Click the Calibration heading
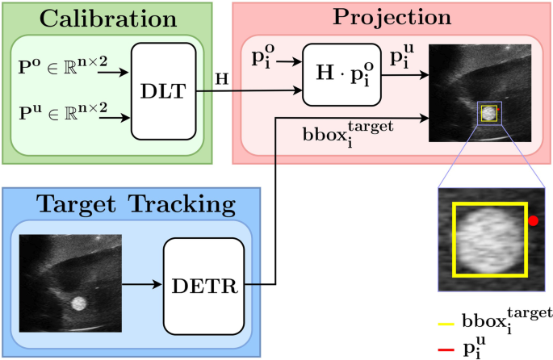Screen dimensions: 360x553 108,18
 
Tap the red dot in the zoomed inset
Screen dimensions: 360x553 533,220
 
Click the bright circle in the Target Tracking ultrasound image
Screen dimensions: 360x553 79,303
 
